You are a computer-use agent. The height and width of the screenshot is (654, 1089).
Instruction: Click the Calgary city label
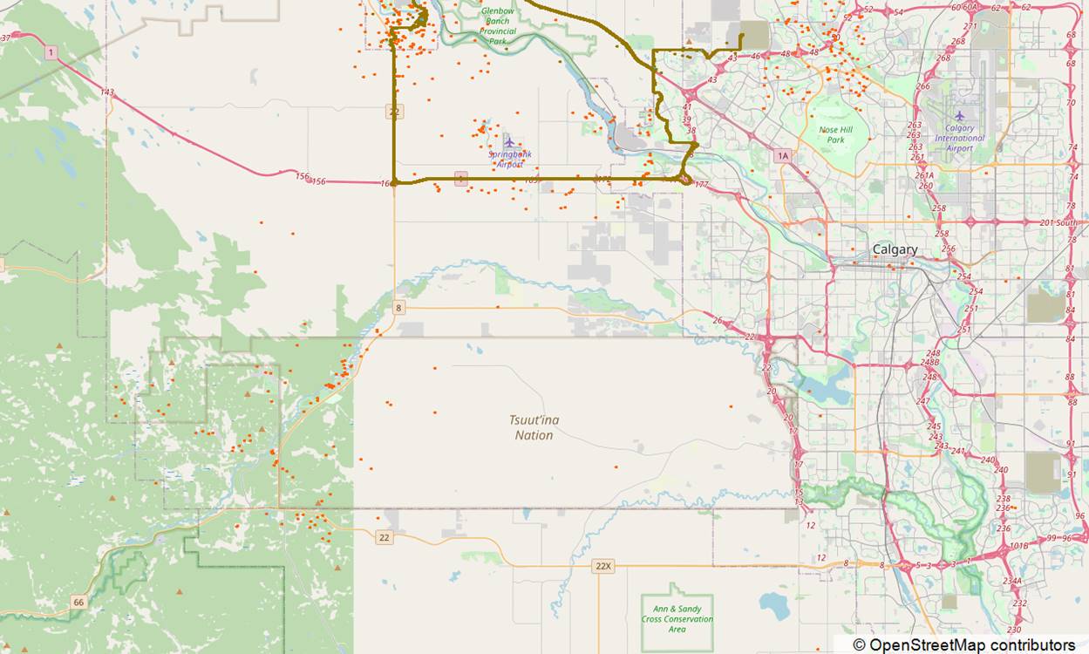tap(895, 249)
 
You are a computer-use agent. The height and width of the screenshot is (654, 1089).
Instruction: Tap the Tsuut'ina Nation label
tap(534, 427)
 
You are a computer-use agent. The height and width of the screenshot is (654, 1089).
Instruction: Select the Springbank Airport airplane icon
tap(509, 142)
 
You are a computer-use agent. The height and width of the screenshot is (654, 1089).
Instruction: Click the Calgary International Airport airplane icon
tap(959, 116)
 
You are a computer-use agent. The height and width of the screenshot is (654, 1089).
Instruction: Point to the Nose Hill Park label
tap(835, 134)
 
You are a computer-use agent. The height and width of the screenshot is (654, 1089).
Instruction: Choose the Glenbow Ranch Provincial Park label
tap(498, 25)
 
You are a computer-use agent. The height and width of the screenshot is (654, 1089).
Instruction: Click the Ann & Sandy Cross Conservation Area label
tap(677, 618)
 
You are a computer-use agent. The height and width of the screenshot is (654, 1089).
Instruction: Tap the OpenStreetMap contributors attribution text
tap(963, 644)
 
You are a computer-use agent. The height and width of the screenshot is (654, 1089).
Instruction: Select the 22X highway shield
tap(602, 566)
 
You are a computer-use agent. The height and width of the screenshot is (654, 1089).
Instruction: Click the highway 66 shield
tap(78, 602)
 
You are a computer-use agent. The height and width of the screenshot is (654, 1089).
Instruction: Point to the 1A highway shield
tap(782, 155)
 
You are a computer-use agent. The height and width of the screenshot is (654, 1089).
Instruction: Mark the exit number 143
tap(107, 92)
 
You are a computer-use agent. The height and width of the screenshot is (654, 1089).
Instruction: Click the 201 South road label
tap(1058, 222)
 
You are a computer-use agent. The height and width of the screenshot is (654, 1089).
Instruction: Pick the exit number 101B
tap(1018, 546)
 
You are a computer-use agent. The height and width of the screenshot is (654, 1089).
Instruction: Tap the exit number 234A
tap(1011, 581)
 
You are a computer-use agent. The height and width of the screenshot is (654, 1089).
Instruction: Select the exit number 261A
tap(925, 174)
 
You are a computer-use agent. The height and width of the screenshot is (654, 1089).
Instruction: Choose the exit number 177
tap(702, 185)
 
